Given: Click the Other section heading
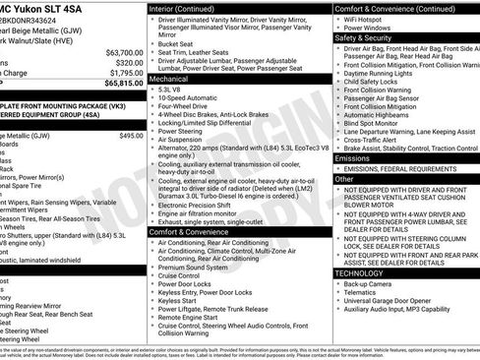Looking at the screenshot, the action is tap(343, 179).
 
